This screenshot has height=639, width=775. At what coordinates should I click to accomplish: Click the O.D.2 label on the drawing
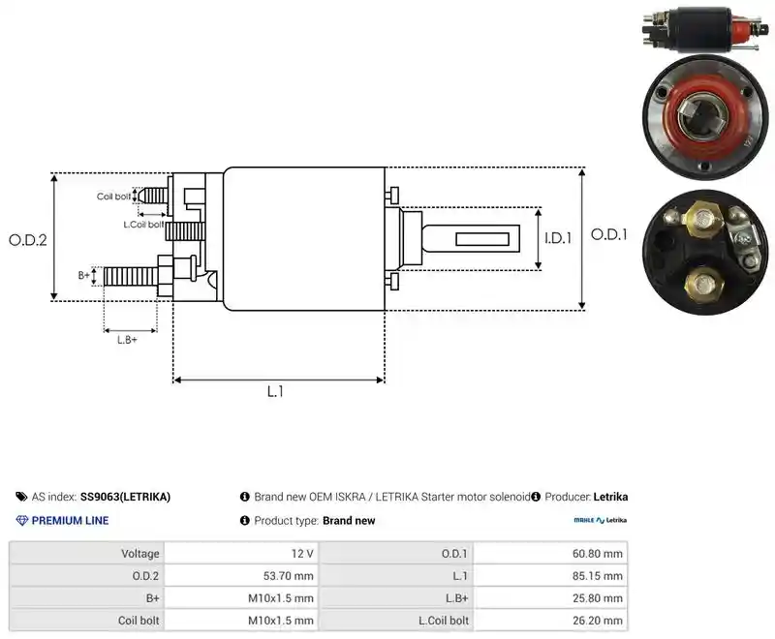[28, 240]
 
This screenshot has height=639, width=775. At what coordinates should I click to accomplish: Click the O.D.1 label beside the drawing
[609, 234]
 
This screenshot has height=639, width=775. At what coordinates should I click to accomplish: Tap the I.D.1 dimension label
[558, 238]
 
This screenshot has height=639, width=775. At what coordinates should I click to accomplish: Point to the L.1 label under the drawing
[275, 391]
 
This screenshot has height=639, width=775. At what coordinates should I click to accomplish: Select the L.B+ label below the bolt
[127, 340]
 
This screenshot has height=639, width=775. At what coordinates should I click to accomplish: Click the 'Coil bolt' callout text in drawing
[113, 197]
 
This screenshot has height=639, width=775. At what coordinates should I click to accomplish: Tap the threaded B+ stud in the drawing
[131, 276]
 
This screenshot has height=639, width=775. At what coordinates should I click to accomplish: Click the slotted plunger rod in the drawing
[471, 239]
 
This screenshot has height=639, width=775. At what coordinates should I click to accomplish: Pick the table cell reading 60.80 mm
[597, 554]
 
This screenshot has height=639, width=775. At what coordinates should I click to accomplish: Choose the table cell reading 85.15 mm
[597, 576]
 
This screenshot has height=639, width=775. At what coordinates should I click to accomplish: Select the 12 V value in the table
[302, 554]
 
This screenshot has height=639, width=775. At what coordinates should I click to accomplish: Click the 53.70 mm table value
[288, 576]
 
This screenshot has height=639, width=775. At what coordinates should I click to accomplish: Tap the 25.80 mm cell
[597, 598]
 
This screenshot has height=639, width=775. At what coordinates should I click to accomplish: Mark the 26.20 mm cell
[597, 621]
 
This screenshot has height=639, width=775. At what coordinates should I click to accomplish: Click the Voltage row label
[140, 554]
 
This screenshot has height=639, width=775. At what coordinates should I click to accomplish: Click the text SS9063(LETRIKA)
[125, 497]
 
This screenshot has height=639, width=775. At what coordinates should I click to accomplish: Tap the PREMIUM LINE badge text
[70, 521]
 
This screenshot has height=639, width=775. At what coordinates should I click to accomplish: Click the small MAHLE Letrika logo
[600, 520]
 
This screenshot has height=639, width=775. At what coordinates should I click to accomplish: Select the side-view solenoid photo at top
[706, 29]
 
